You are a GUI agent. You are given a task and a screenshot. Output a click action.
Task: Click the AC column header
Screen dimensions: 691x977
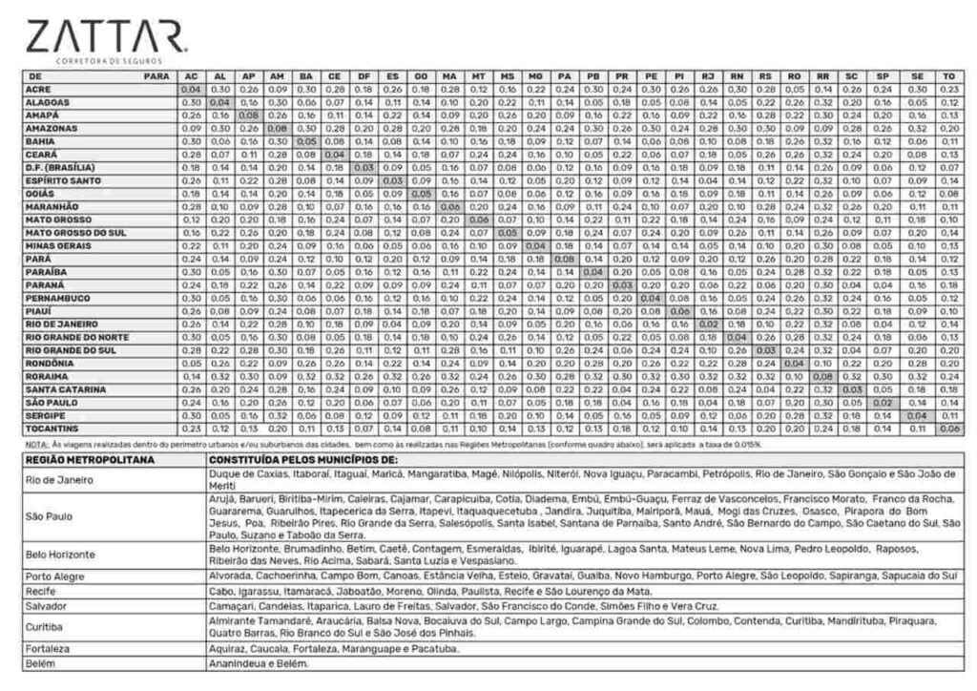(190, 75)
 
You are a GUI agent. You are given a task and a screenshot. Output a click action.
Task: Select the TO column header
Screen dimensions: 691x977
(947, 75)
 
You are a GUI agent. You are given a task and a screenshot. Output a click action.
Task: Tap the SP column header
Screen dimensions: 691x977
(884, 75)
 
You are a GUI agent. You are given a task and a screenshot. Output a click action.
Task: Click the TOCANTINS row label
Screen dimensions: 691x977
(55, 429)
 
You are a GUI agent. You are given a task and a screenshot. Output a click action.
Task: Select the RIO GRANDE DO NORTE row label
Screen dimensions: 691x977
(78, 337)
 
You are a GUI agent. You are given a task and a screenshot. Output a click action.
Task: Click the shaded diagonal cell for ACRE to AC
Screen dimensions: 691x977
(190, 89)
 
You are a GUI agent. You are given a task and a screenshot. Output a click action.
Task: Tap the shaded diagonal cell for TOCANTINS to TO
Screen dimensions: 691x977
(947, 429)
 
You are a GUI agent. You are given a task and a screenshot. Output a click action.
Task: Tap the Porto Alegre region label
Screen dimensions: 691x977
(55, 576)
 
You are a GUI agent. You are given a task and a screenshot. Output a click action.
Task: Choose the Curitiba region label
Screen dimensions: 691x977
(46, 627)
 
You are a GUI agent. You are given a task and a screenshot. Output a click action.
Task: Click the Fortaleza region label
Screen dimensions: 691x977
(50, 649)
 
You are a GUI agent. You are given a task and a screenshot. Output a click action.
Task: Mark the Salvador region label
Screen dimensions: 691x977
(49, 606)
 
